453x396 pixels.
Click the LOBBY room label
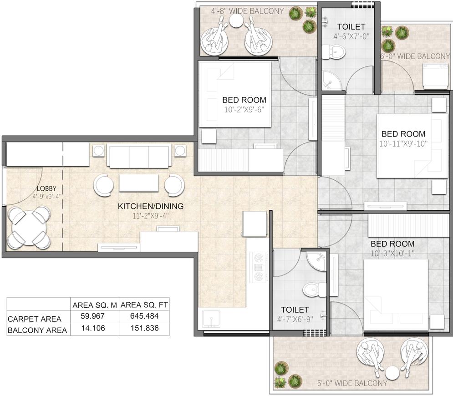[46, 188]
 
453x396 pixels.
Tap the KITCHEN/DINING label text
[151, 206]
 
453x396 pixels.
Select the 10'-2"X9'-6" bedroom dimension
[244, 109]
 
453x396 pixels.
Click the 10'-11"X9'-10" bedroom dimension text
[403, 143]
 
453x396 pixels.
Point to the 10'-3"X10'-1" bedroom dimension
[392, 253]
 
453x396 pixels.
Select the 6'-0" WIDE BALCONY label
[415, 56]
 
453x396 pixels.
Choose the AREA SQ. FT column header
[143, 305]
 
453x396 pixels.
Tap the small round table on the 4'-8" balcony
[236, 21]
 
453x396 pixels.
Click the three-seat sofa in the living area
[139, 156]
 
